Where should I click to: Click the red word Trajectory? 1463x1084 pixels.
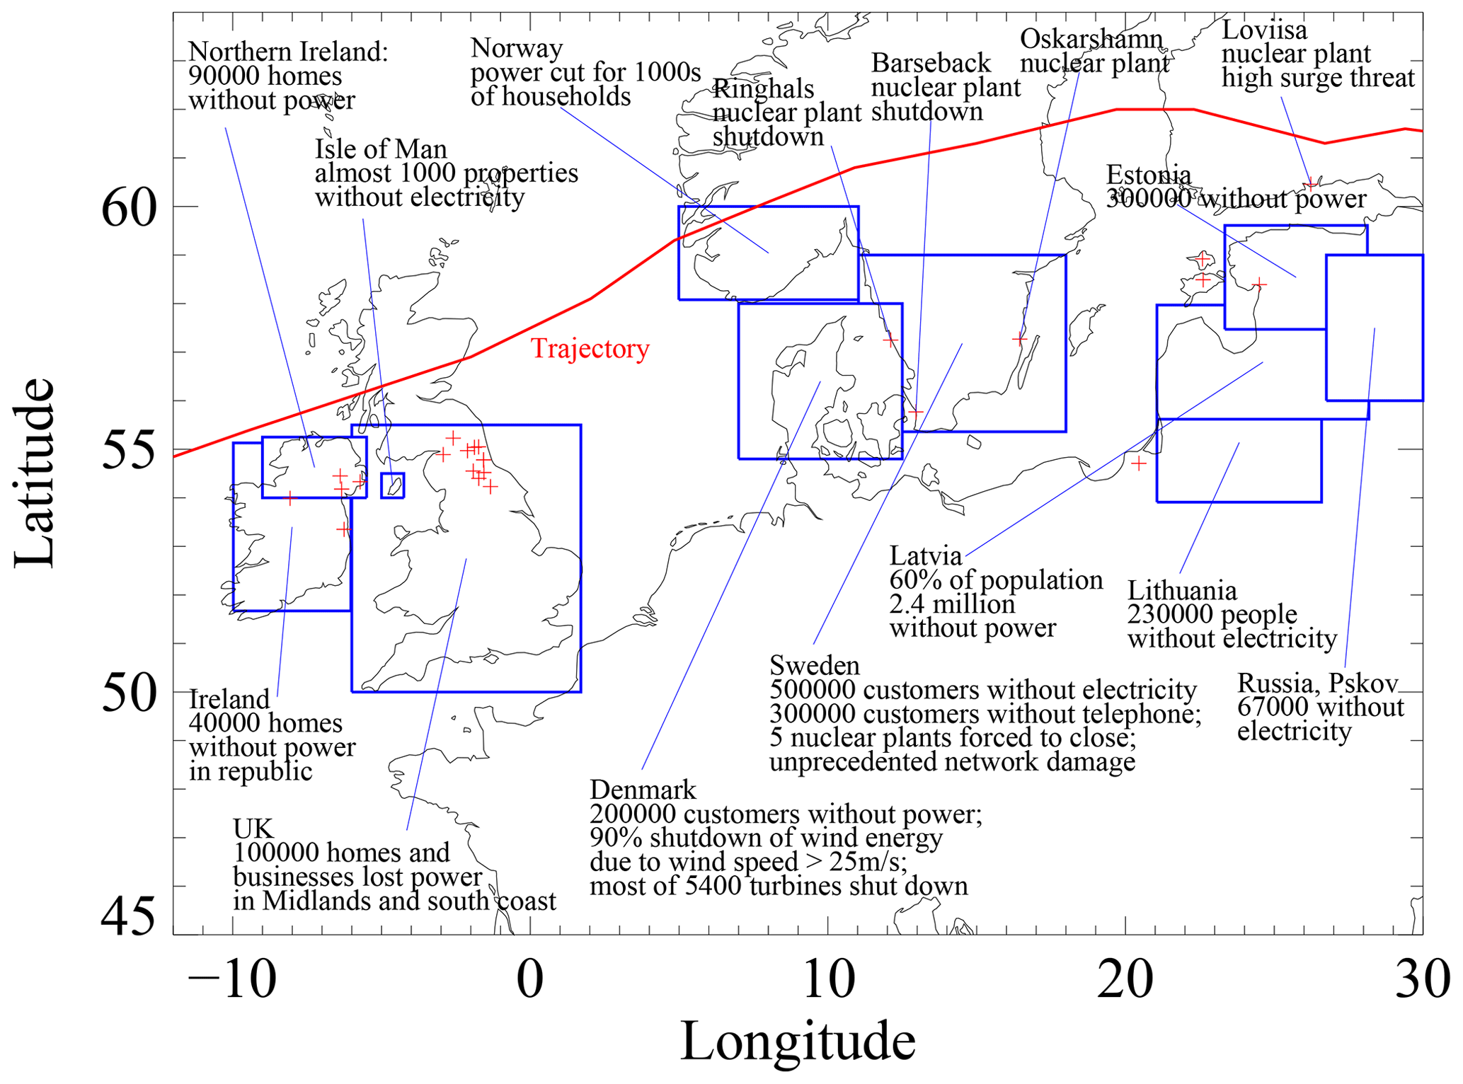[x=590, y=349]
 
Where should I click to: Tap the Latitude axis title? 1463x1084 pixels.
[x=34, y=473]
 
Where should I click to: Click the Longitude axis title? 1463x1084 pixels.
[x=798, y=1041]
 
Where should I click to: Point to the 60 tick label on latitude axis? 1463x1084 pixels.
[x=129, y=209]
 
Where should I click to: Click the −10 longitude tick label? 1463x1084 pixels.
[x=231, y=981]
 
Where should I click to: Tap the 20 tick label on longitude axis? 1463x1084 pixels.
[x=1125, y=981]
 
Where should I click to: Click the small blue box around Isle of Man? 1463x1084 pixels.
[x=392, y=485]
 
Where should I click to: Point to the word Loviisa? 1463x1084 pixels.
[x=1264, y=30]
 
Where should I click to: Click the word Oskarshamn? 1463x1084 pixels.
[x=1091, y=39]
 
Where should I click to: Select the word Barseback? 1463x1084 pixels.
[x=930, y=63]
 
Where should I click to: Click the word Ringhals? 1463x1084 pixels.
[x=763, y=88]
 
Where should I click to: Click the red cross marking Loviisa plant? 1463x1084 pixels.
[x=1310, y=185]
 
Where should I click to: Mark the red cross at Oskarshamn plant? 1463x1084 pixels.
[x=1019, y=339]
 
